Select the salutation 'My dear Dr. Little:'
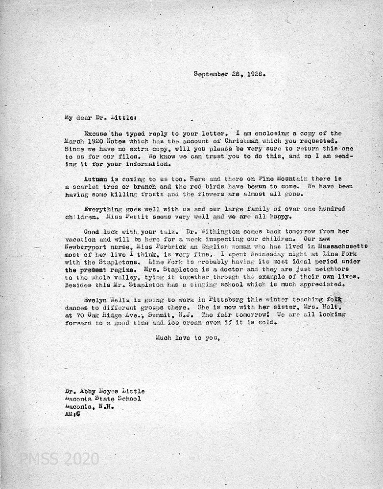[97, 117]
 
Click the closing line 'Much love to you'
[188, 337]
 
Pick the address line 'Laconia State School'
[103, 399]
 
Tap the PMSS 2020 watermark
[59, 459]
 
